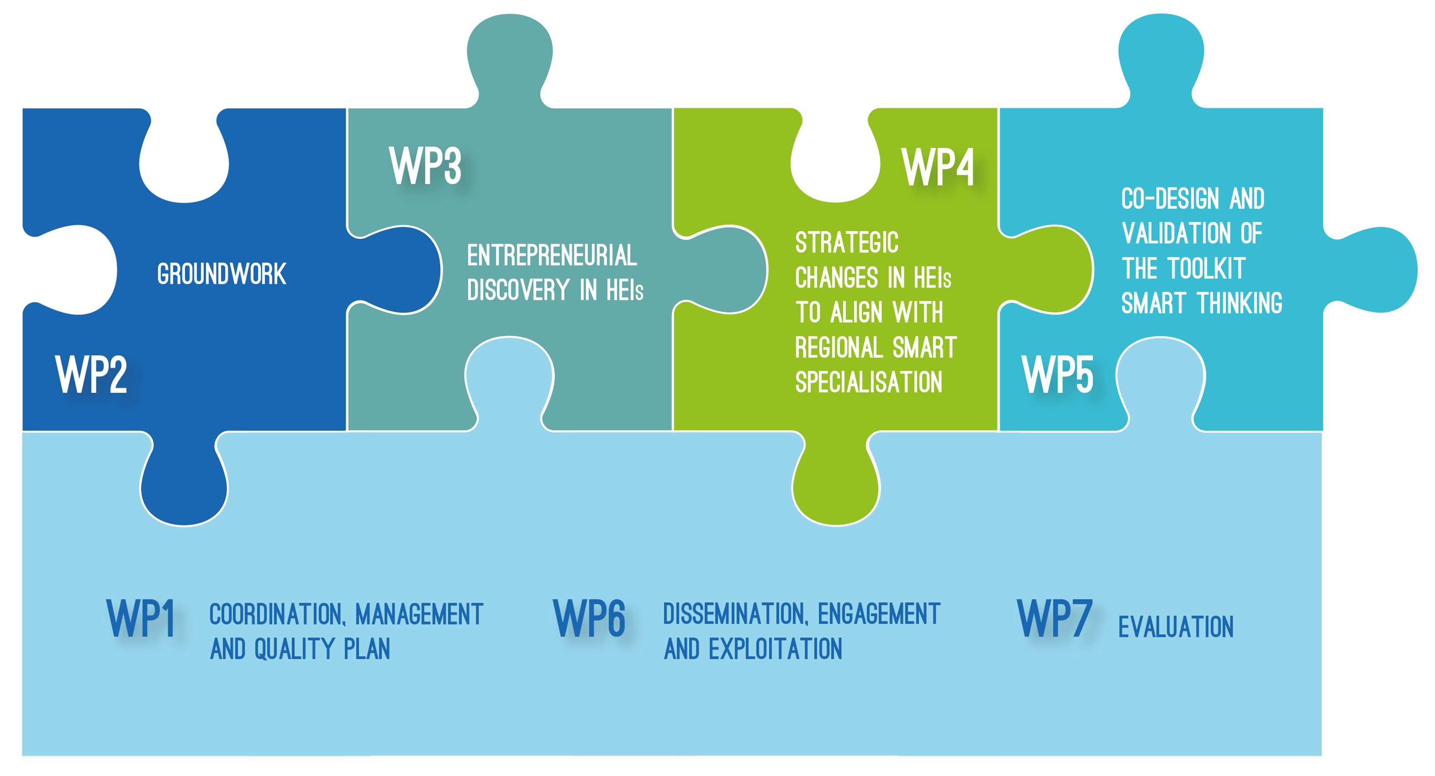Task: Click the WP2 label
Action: pyautogui.click(x=91, y=374)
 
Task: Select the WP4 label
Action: pyautogui.click(x=938, y=167)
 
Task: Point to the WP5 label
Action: pyautogui.click(x=1057, y=374)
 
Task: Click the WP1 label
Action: pyautogui.click(x=141, y=618)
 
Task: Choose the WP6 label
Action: pyautogui.click(x=589, y=618)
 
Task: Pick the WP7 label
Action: pyautogui.click(x=1054, y=618)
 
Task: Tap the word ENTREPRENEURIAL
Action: pyautogui.click(x=551, y=256)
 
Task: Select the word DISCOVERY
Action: pyautogui.click(x=518, y=290)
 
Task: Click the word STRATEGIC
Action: pyautogui.click(x=847, y=243)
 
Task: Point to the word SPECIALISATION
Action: pyautogui.click(x=868, y=382)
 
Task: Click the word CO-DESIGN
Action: pyautogui.click(x=1170, y=199)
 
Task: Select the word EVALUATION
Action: pyautogui.click(x=1176, y=627)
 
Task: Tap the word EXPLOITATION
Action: pyautogui.click(x=775, y=649)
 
